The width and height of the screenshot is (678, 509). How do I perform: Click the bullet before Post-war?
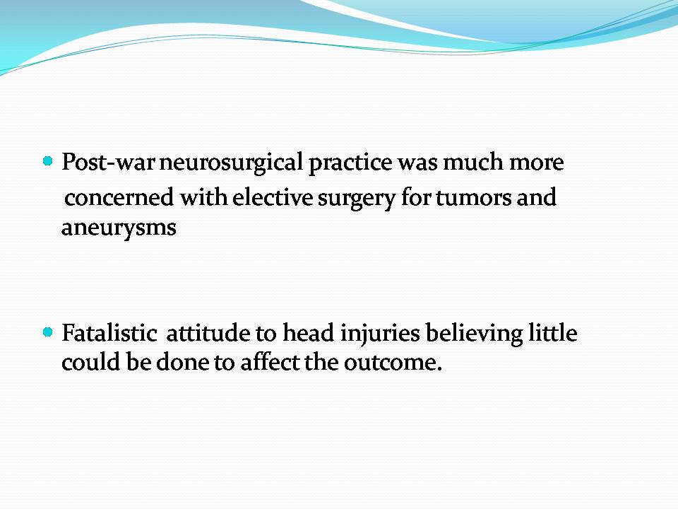coord(48,161)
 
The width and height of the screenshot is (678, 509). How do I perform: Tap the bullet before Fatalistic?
coord(48,332)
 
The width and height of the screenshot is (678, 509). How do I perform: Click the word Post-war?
coord(108,163)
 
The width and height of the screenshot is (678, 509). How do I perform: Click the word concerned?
coord(119,197)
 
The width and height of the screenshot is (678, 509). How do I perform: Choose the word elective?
coord(273,197)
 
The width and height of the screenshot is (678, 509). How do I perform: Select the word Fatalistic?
coord(109,333)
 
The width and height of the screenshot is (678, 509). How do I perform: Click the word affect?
coord(270,362)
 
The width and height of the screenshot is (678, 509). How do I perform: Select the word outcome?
coord(393,363)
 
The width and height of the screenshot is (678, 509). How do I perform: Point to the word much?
coord(473,163)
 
